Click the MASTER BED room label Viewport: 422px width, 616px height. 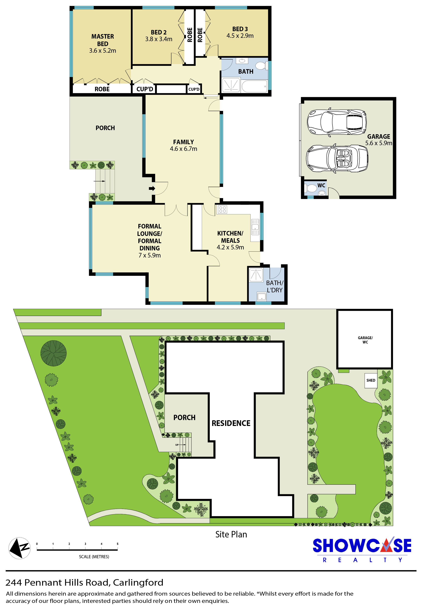(103, 40)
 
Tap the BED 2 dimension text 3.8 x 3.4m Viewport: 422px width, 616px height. (158, 39)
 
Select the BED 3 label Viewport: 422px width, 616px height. (240, 29)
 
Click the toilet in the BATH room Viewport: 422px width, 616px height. (261, 65)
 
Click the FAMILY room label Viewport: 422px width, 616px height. (183, 142)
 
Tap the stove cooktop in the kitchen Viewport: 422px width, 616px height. (222, 209)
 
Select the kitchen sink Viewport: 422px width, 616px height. (255, 227)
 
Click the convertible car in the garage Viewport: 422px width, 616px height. (337, 159)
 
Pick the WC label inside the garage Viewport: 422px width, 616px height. (321, 185)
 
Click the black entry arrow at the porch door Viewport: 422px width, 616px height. (152, 188)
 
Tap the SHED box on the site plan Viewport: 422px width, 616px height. (371, 380)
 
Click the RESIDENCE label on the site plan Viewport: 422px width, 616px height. (231, 423)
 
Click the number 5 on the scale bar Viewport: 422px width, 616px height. (117, 544)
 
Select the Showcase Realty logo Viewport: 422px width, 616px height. (362, 550)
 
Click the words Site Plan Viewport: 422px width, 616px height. (231, 534)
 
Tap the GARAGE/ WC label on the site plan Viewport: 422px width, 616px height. (365, 340)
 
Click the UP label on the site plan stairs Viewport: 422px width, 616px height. (177, 445)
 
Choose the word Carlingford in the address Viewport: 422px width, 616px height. (138, 582)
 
